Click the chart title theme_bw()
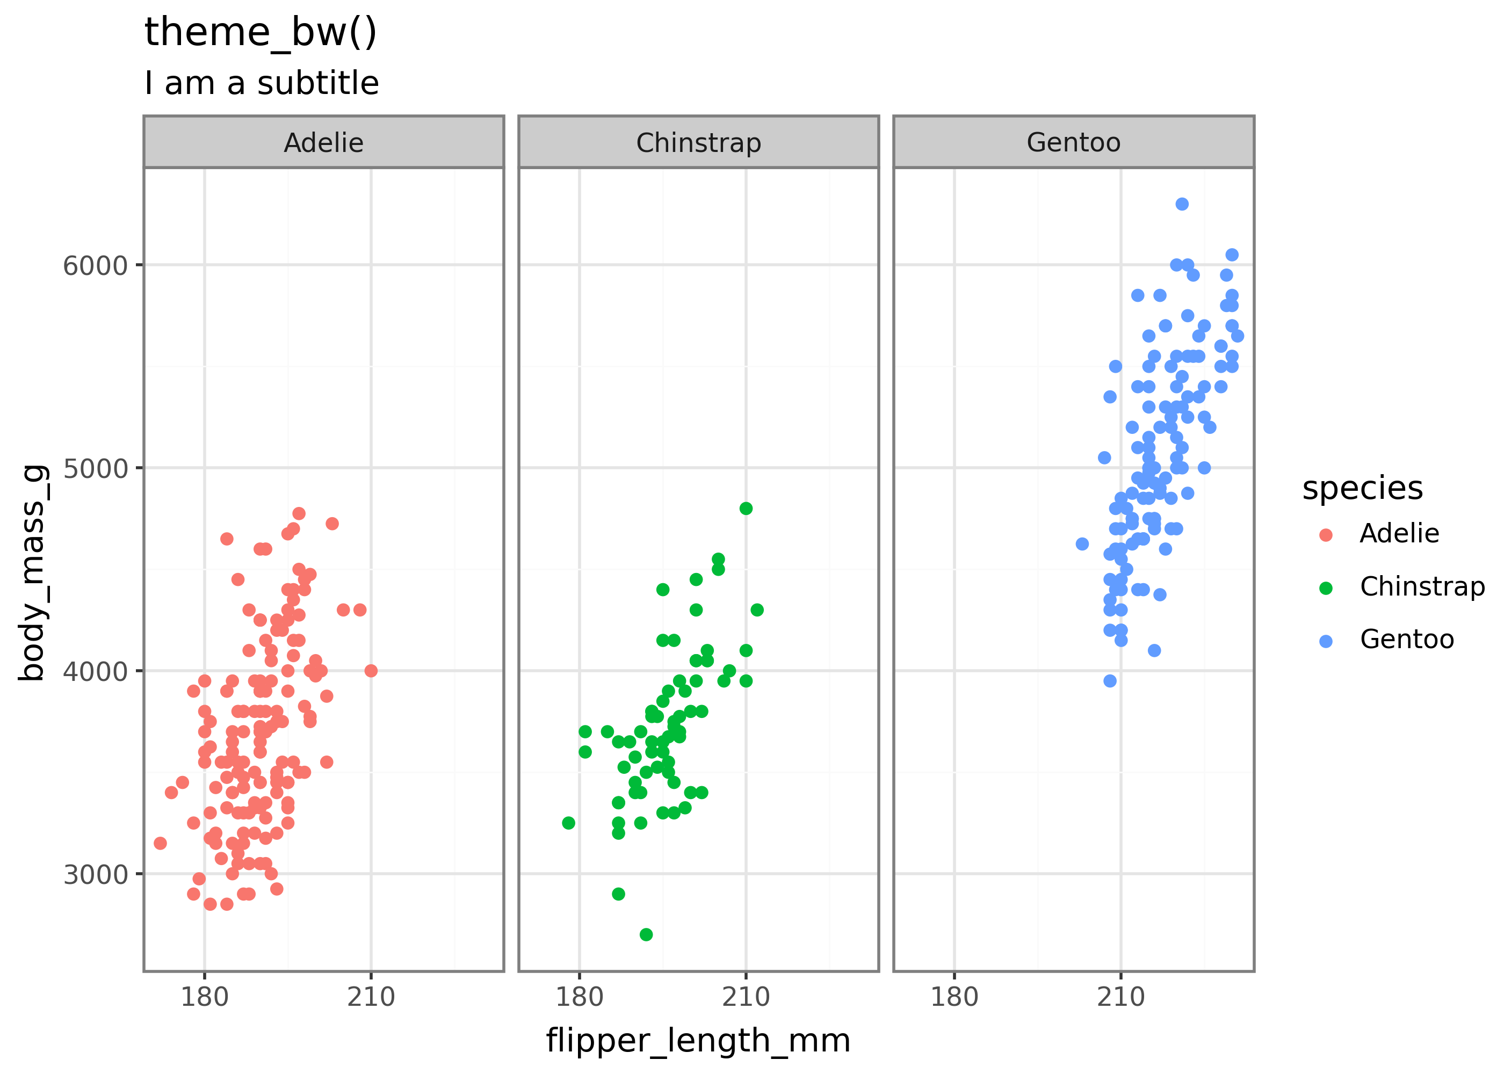tap(261, 32)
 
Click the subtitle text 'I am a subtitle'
tap(262, 83)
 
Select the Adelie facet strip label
tap(323, 143)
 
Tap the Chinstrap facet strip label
tap(698, 143)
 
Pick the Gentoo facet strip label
tap(1073, 143)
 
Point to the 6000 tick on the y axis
tap(95, 265)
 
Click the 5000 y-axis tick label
tap(95, 468)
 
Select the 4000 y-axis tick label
tap(95, 671)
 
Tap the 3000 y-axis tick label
tap(95, 874)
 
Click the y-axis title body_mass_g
tap(33, 573)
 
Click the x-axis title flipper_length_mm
tap(698, 1041)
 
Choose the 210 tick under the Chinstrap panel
tap(746, 997)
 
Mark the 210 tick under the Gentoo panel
tap(1120, 997)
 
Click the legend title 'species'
tap(1362, 489)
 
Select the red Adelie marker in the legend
tap(1326, 535)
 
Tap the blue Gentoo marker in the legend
tap(1326, 641)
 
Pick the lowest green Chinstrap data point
tap(646, 934)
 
